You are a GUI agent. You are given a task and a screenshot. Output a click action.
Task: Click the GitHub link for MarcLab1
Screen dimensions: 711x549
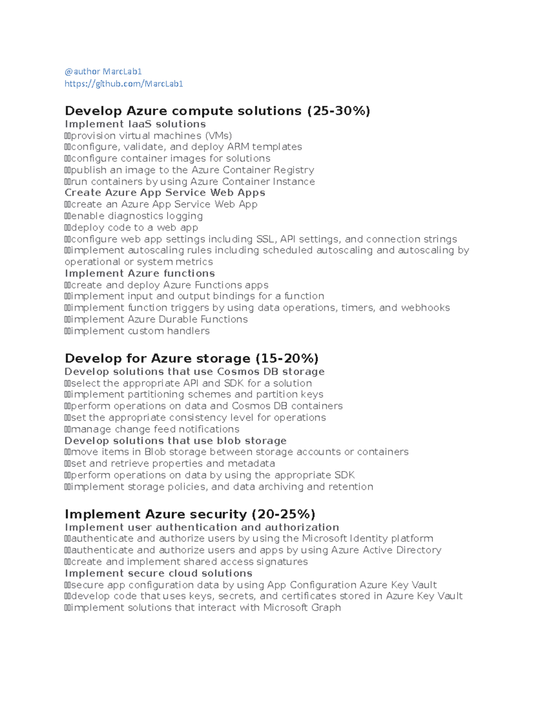[x=124, y=84]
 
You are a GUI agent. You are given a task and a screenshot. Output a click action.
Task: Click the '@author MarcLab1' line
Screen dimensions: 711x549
[x=103, y=71]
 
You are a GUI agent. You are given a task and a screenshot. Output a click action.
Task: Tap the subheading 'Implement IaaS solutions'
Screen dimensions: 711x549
[x=135, y=124]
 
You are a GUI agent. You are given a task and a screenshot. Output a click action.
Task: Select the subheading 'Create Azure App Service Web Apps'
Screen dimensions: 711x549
[x=165, y=193]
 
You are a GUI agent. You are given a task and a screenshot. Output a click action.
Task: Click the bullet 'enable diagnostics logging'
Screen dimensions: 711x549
[x=136, y=216]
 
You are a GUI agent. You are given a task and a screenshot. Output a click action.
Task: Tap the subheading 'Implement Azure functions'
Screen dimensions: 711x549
[x=140, y=273]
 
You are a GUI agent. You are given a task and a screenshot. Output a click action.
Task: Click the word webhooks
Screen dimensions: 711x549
[x=425, y=308]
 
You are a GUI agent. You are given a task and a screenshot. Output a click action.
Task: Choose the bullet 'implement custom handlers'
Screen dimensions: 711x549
[x=140, y=331]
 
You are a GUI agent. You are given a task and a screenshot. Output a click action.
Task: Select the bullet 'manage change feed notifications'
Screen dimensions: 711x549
[x=155, y=429]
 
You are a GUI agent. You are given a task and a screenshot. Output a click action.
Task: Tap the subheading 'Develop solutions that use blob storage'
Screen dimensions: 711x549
[x=175, y=441]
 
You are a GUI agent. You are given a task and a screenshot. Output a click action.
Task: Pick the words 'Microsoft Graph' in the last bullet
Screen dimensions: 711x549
[x=302, y=608]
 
